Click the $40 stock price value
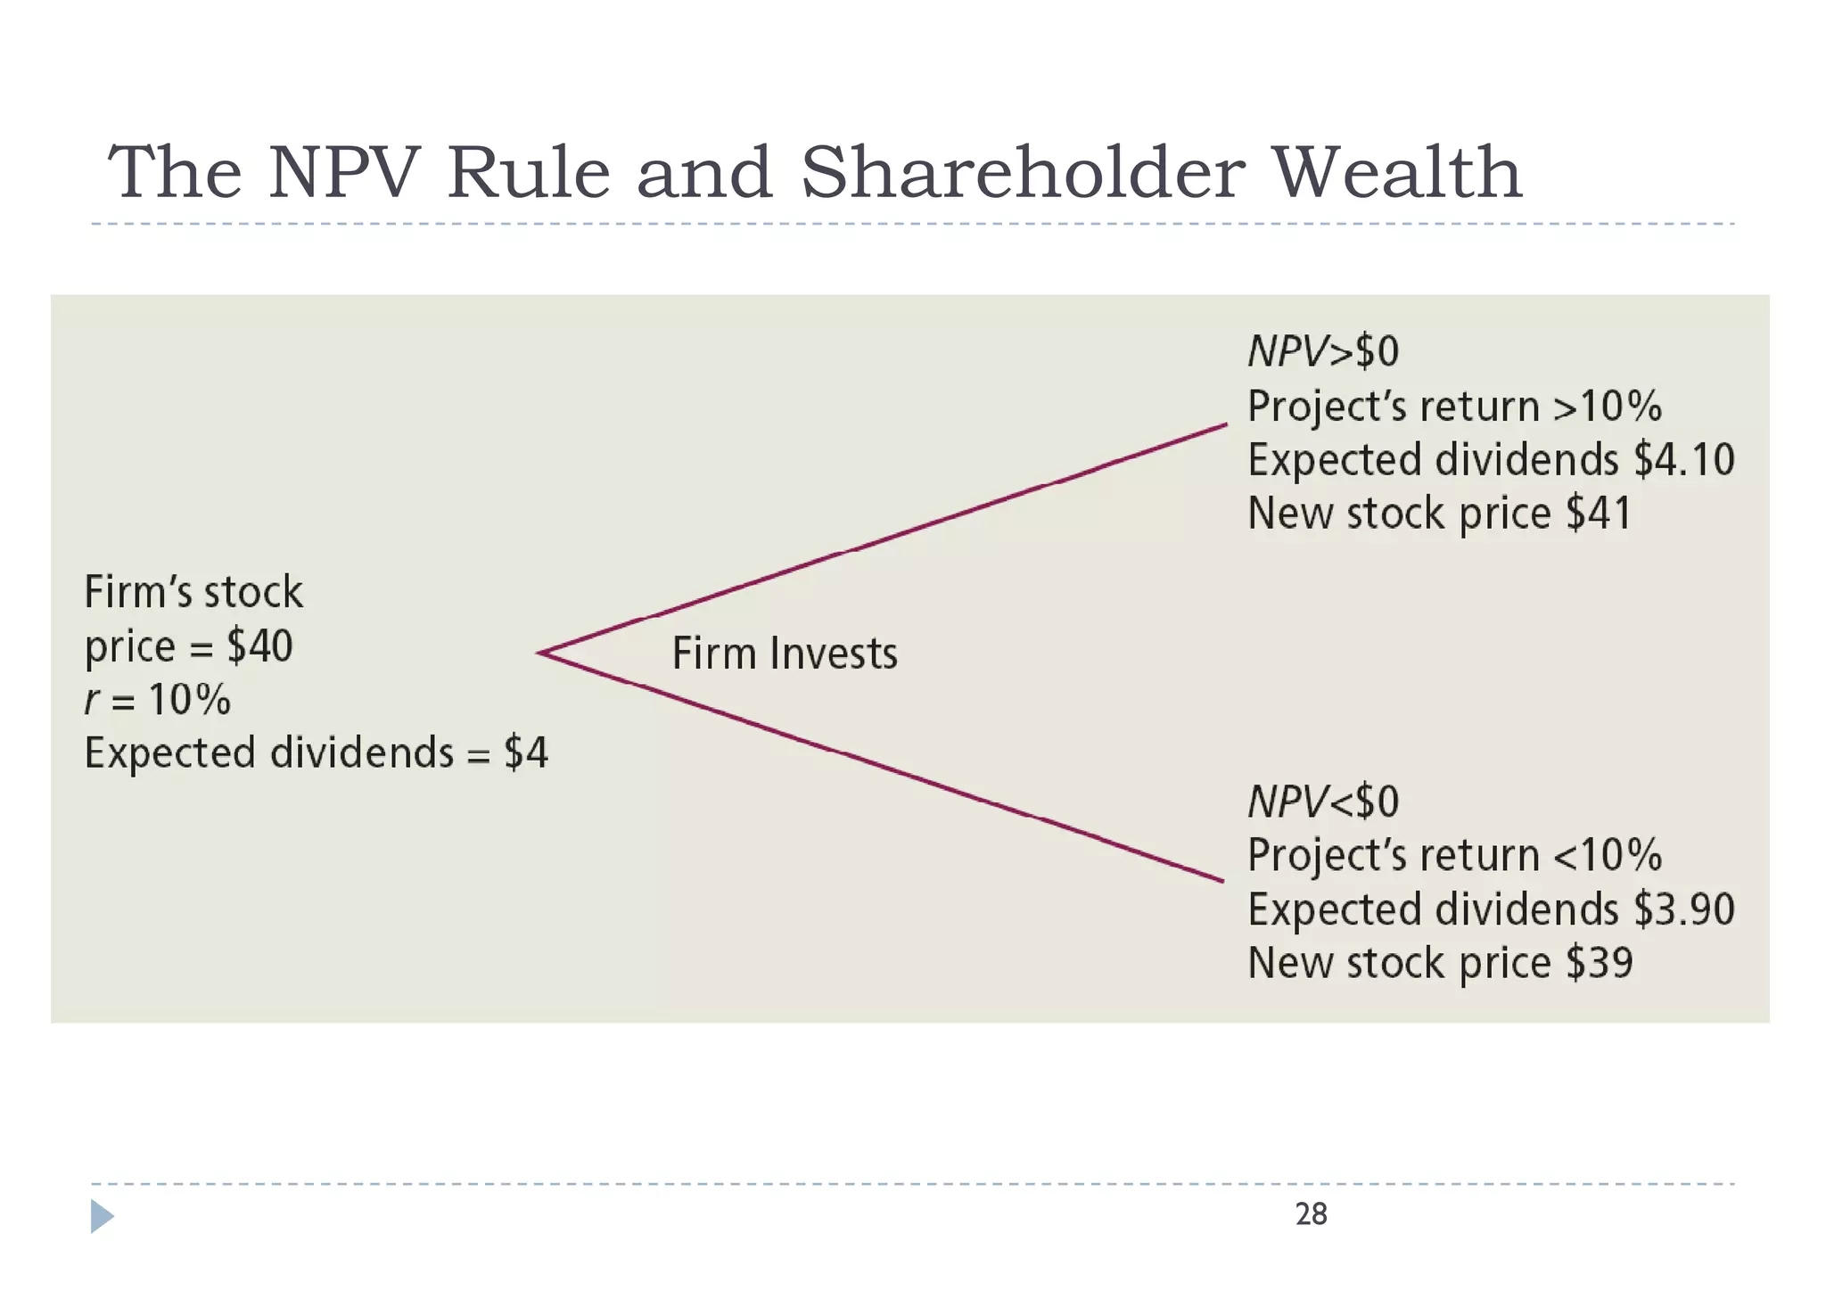pos(259,646)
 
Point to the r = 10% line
pos(158,700)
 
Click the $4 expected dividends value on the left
pos(526,752)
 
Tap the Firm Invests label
pos(784,654)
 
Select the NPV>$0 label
pos(1323,351)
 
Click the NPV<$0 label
pos(1323,801)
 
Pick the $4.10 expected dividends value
pos(1683,460)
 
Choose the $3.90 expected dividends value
pos(1683,909)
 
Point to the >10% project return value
pos(1608,407)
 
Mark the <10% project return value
pos(1608,855)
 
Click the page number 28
pos(1311,1214)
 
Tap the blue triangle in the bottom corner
pos(102,1216)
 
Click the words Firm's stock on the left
pos(193,593)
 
